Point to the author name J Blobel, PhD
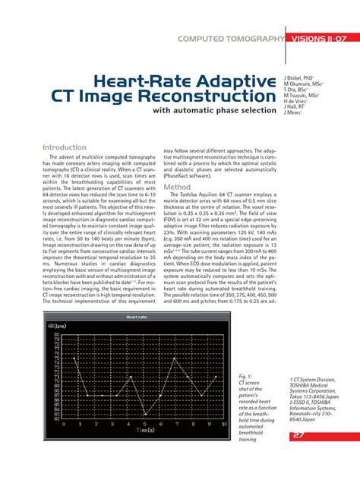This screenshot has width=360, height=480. [298, 78]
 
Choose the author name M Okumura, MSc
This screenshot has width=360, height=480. [302, 84]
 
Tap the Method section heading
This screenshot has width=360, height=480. [177, 187]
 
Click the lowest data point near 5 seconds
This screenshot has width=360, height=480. [144, 415]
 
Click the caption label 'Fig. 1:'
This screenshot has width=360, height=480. [245, 376]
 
